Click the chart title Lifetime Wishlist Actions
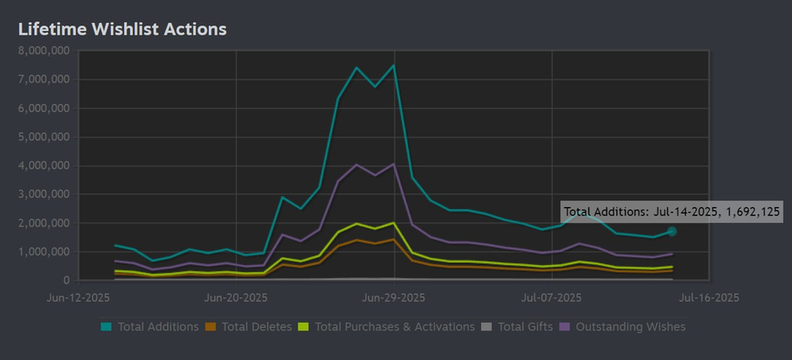point(123,29)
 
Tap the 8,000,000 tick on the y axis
point(42,51)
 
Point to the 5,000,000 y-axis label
point(42,137)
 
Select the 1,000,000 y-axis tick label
point(42,252)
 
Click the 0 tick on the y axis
point(65,281)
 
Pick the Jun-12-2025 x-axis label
point(79,297)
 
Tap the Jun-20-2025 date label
point(236,297)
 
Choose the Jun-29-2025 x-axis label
point(394,297)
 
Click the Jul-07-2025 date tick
point(551,297)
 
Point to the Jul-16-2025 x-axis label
point(708,297)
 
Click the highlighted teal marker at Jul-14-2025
point(672,232)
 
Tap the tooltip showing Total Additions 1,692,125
point(672,211)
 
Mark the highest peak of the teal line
point(393,65)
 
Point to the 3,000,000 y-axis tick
point(42,194)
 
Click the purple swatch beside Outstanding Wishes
point(566,327)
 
